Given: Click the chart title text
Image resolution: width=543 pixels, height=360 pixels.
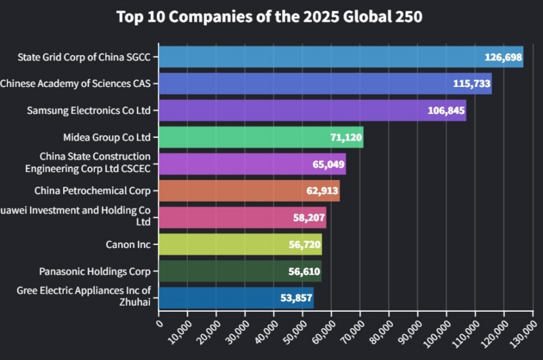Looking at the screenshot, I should tap(269, 17).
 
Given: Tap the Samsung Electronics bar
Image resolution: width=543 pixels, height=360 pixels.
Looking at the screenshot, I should tap(312, 110).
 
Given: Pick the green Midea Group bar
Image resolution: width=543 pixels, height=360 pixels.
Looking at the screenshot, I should tap(261, 137).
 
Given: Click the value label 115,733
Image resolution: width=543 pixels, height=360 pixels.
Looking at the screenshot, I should tap(471, 84).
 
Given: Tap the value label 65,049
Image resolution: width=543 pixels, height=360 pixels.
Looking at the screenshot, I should tap(324, 164).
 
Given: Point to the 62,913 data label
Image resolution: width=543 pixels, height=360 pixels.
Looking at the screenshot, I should tap(322, 191).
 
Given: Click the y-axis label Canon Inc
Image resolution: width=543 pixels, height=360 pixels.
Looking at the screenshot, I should tap(128, 244).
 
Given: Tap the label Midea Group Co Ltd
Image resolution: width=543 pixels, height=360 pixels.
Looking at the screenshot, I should tap(107, 137).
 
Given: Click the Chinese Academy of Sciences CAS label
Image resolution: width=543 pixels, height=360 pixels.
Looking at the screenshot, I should tap(75, 84).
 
